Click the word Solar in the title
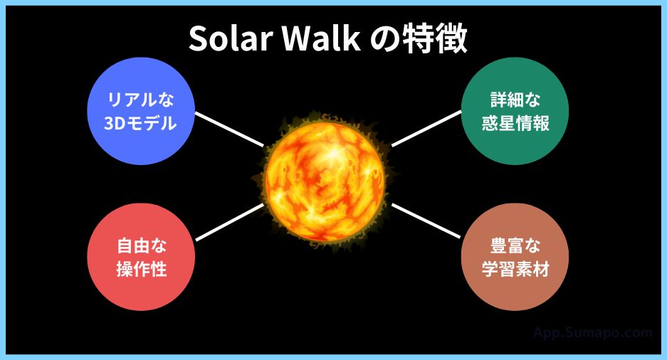[231, 41]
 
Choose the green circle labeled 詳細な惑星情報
[515, 112]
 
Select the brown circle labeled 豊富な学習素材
[515, 258]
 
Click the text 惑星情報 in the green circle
[515, 124]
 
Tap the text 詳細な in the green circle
[515, 100]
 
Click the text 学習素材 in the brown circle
[515, 270]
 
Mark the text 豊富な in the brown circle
[515, 246]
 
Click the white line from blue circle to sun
[229, 129]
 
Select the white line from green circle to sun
[426, 129]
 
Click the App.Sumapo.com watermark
[592, 332]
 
